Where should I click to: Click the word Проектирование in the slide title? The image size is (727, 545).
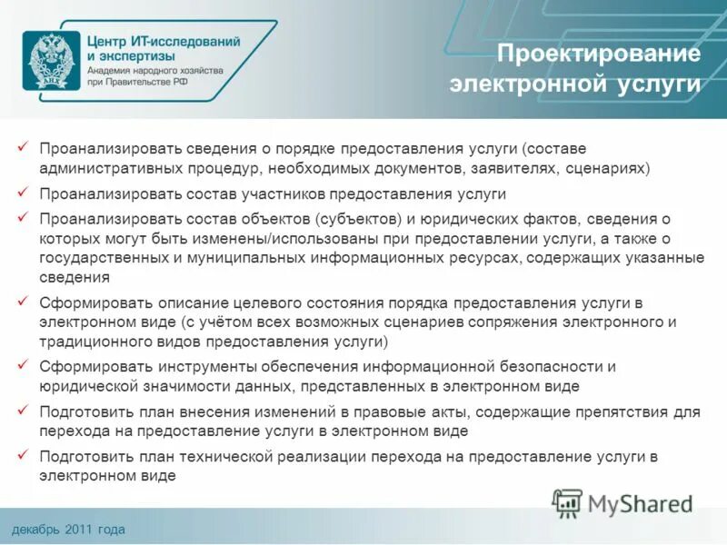[599, 54]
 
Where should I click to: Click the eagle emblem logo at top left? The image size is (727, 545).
[50, 59]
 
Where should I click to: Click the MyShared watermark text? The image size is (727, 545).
[640, 502]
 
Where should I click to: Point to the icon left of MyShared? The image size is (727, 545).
[568, 502]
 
